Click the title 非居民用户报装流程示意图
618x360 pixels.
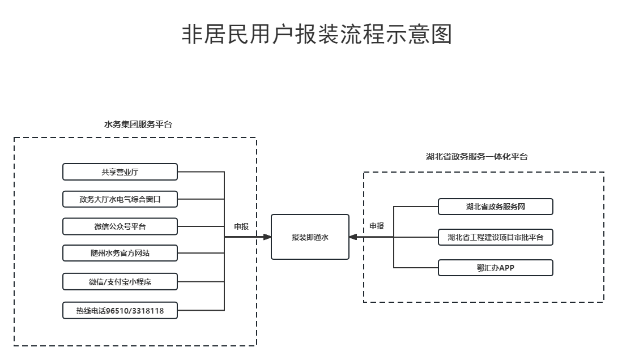(x=317, y=35)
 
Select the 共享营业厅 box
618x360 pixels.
(x=120, y=172)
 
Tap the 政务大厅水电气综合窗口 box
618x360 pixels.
(x=120, y=199)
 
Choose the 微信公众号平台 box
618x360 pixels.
(x=120, y=226)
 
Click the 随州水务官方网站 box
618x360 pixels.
(x=120, y=254)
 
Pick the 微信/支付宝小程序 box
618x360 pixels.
(x=120, y=281)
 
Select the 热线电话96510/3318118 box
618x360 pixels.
(x=120, y=310)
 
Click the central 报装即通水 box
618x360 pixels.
(x=310, y=237)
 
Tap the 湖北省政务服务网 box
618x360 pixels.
(x=495, y=207)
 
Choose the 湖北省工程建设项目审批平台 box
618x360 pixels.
(x=495, y=237)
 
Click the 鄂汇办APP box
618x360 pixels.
(x=495, y=268)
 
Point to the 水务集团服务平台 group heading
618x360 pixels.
(x=138, y=125)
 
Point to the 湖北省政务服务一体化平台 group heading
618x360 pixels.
(x=477, y=157)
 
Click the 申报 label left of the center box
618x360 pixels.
(x=241, y=226)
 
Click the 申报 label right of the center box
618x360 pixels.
(x=377, y=226)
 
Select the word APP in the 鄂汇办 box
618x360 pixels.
(x=506, y=268)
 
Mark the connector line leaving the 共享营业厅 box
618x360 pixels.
(x=201, y=172)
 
